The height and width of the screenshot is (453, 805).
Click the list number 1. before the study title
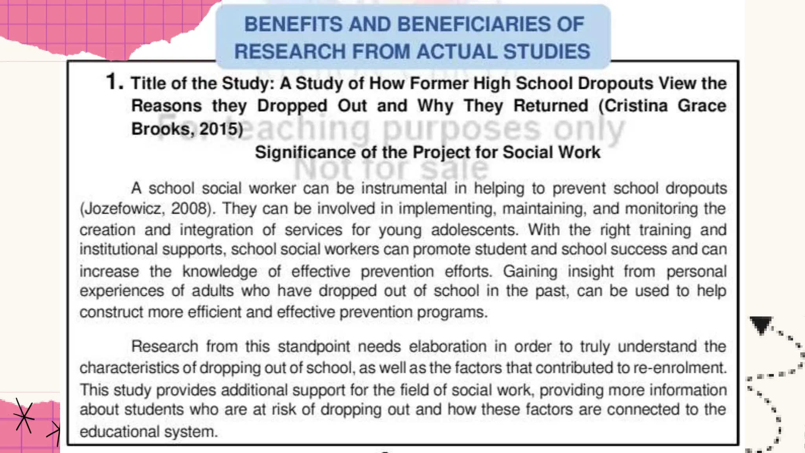tap(114, 82)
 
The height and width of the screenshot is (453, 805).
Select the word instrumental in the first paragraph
tap(404, 188)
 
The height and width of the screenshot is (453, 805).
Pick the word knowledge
tap(219, 271)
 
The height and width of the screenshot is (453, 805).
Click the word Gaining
tap(530, 271)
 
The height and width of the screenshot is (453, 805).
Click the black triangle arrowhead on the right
tap(761, 325)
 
